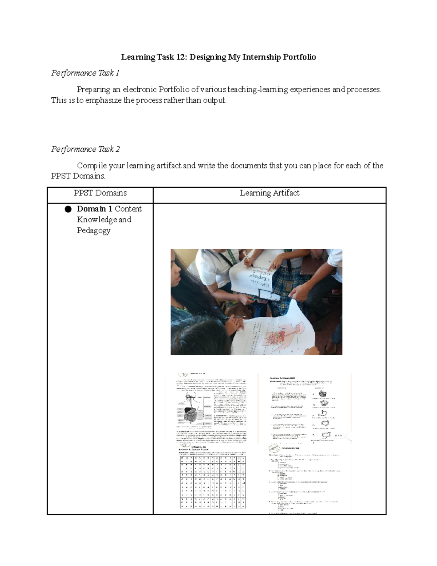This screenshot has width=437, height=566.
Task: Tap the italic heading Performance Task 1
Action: [85, 73]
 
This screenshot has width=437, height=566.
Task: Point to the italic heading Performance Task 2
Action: [86, 149]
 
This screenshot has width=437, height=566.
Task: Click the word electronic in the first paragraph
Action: [139, 90]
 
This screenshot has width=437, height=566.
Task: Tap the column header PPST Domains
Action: [100, 193]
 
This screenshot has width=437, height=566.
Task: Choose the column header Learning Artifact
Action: [269, 193]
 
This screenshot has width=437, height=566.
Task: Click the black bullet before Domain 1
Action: [68, 209]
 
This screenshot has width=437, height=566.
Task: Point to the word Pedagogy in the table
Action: [94, 231]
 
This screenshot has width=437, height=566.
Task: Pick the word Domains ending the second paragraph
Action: [88, 176]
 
